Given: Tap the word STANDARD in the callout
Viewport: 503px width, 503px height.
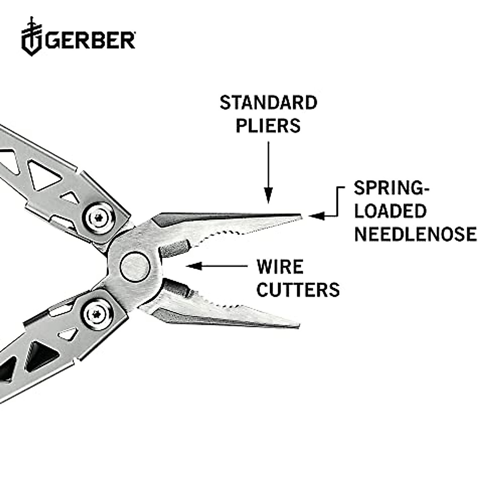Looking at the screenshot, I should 268,103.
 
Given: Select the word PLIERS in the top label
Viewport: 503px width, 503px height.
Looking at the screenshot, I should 268,126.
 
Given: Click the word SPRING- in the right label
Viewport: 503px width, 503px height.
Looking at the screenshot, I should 392,188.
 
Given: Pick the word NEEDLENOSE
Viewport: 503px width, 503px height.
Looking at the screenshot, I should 415,234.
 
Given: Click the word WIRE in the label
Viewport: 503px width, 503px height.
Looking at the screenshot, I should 280,267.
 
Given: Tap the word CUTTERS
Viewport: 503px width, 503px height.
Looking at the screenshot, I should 298,290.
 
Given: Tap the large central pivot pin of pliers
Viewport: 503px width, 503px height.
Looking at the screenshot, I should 135,266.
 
